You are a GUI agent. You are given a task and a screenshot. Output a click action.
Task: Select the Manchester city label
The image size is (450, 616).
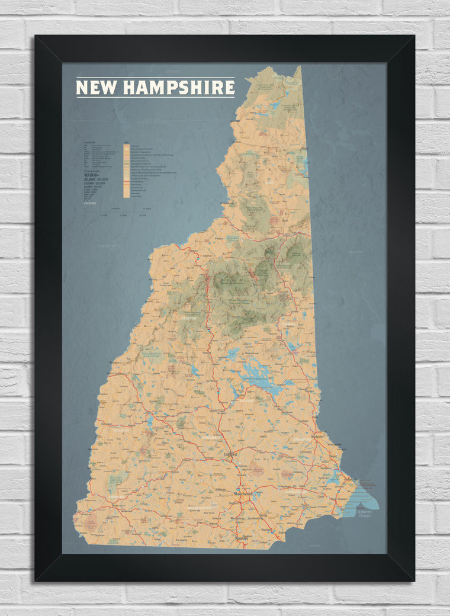coord(242,493)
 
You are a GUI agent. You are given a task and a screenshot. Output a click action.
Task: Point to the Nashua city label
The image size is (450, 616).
coord(242,538)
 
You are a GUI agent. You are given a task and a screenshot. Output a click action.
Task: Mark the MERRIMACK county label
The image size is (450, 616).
coord(211,438)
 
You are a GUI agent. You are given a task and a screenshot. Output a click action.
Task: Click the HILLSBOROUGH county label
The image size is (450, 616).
coord(200,508)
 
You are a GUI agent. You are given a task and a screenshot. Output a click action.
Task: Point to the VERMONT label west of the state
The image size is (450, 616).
coord(107,245)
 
